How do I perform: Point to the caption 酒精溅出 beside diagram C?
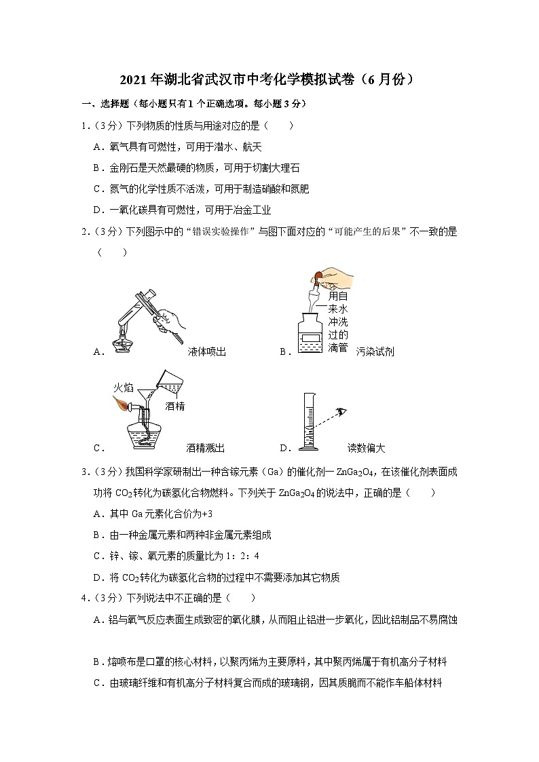205,448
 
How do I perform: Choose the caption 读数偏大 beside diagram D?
367,448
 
